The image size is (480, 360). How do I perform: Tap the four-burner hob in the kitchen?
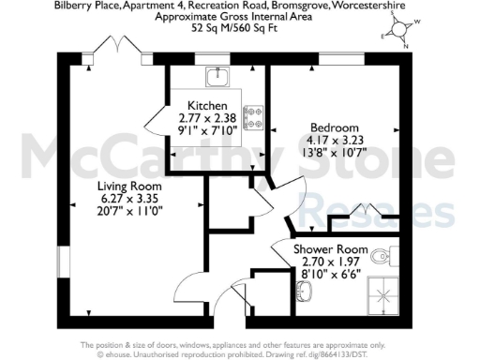(x=253, y=116)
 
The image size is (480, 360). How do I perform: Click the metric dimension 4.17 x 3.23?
(x=335, y=140)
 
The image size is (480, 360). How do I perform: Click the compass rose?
(x=403, y=31)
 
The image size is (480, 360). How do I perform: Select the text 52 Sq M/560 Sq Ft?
(x=240, y=28)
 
